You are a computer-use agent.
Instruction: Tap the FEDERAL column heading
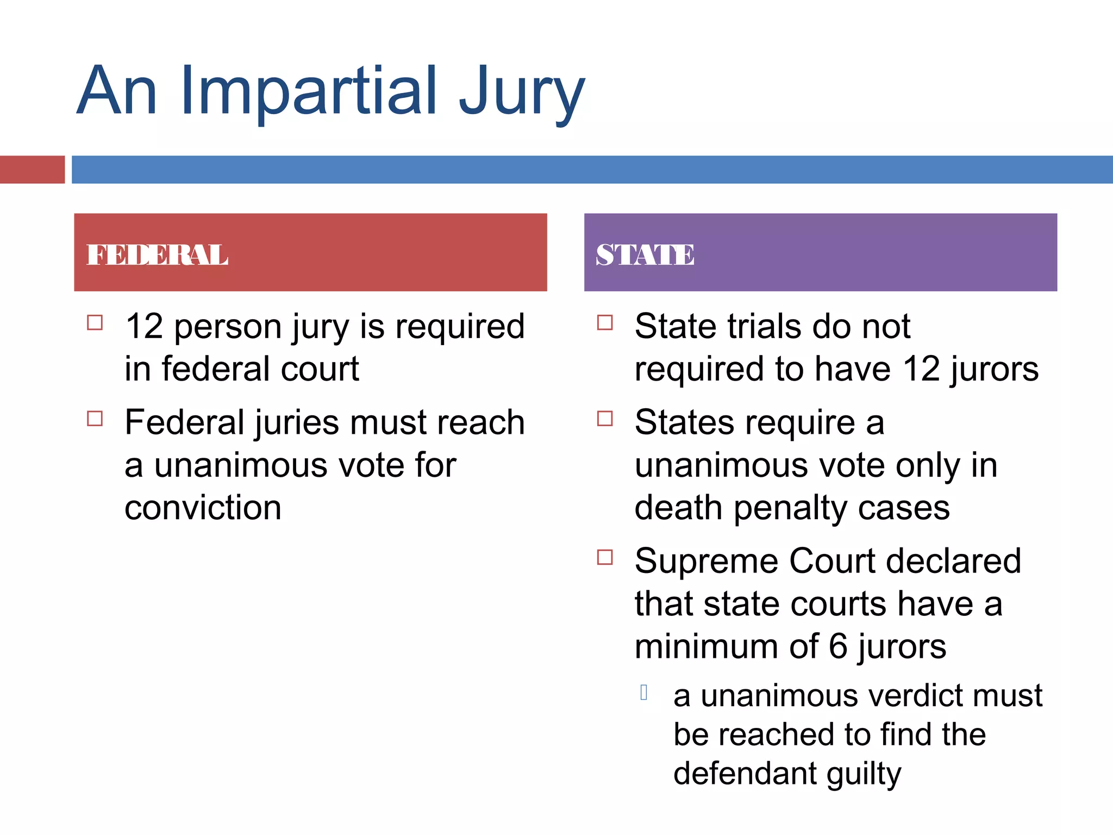coord(158,254)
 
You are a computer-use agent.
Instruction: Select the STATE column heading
coord(645,254)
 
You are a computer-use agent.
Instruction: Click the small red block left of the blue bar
coord(32,169)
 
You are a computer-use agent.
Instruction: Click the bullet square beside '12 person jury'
coord(95,323)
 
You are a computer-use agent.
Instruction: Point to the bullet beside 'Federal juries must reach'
coord(95,419)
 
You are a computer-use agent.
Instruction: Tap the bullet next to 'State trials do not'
coord(605,323)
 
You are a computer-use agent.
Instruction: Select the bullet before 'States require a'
coord(605,419)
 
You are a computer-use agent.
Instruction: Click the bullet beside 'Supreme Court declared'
coord(605,557)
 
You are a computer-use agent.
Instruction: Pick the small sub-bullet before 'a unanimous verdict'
coord(644,693)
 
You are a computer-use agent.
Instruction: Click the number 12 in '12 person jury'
coord(144,327)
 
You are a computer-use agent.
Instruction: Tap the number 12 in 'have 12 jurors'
coord(921,369)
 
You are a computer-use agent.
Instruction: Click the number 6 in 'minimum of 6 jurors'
coord(838,646)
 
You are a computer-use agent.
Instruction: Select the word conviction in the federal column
coord(203,508)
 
